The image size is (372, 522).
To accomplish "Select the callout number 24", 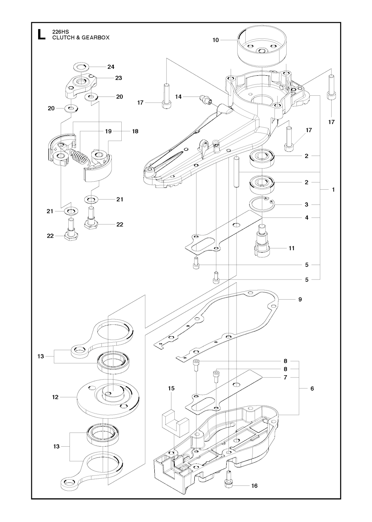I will point(111,67).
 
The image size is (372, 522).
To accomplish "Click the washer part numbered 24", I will point(82,67).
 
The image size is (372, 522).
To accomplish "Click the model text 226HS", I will point(61,32).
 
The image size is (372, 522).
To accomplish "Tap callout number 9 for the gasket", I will point(300,300).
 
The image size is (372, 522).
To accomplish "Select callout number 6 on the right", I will point(312,388).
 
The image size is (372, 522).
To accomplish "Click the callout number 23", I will point(118,78).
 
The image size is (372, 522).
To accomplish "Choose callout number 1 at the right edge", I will point(333,190).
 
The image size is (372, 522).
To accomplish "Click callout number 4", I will point(307,218).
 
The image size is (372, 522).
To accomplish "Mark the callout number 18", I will point(135,131).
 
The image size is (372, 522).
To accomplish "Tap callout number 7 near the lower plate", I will point(286,377).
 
